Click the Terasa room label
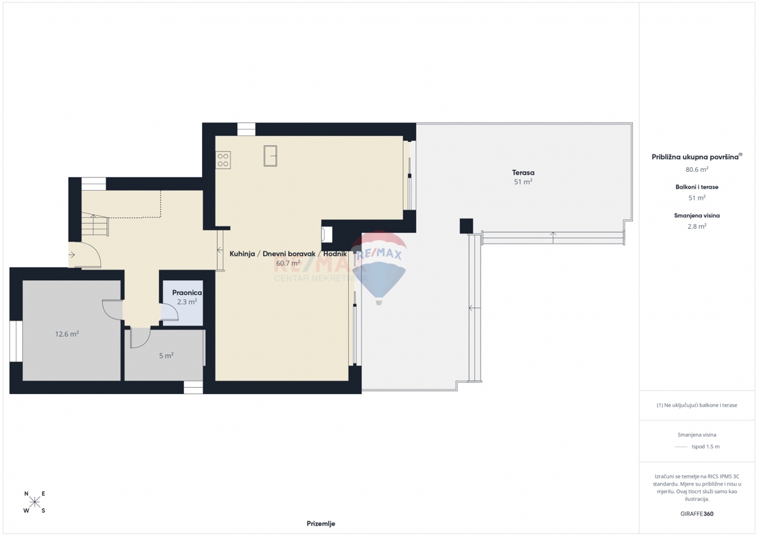523,172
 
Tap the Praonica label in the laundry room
186,293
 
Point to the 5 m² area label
166,355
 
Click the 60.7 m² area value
288,263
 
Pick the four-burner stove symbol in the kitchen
223,160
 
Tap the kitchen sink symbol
270,155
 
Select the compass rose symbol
35,503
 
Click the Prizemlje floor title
321,523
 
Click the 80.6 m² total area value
697,169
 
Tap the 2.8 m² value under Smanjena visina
697,226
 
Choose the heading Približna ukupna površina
695,157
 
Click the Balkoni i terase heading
697,187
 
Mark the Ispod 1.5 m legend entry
705,446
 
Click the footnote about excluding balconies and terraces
697,405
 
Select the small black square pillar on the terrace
466,225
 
